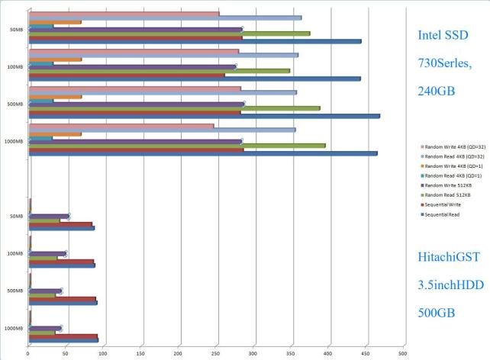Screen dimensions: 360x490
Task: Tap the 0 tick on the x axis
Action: (x=28, y=354)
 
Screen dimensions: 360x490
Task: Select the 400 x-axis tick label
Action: (x=328, y=354)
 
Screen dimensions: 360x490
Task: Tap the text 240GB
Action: (x=436, y=91)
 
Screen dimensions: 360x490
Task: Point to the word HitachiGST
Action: (x=449, y=258)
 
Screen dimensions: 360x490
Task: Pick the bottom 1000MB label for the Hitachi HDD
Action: (x=14, y=328)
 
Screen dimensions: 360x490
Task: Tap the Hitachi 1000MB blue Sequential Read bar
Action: (x=63, y=340)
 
